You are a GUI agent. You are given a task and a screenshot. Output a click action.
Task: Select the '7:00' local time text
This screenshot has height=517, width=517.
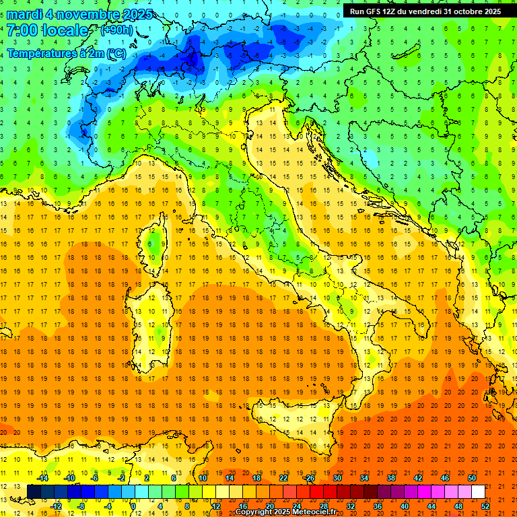coord(20,31)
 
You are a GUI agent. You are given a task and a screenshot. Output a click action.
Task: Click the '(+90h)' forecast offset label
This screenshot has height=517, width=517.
coord(116,31)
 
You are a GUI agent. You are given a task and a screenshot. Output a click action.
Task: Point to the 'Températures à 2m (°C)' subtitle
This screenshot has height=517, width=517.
coord(66,53)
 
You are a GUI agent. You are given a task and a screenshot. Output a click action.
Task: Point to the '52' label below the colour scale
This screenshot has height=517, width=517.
coord(486,506)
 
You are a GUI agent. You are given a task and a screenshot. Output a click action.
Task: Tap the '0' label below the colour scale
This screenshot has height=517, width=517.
coord(133,506)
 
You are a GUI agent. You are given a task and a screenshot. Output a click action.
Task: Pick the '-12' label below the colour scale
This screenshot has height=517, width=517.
coord(56,506)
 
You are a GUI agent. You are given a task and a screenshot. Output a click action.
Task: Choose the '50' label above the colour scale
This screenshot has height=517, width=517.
coord(472,478)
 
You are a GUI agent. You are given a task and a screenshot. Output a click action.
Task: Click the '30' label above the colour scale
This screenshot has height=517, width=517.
coord(337,478)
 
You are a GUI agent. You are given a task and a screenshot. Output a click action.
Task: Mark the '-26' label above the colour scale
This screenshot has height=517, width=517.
coord(309,478)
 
